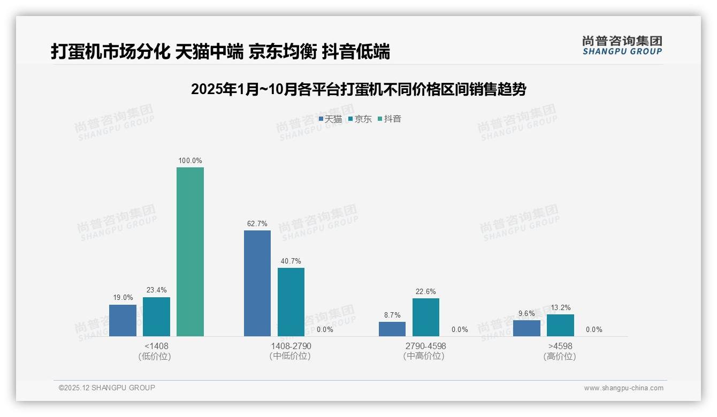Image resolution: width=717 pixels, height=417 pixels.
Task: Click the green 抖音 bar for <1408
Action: point(190,252)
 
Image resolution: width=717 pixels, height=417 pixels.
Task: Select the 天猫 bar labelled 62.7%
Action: point(257,283)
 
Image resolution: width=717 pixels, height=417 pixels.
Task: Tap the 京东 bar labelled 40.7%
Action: point(291,302)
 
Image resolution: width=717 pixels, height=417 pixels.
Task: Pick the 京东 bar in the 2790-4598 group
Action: point(426,317)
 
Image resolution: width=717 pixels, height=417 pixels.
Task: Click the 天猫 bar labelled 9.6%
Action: point(527,328)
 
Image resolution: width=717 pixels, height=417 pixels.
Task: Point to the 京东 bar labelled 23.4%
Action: point(156,316)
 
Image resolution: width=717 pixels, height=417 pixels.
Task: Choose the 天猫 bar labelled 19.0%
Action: point(123,320)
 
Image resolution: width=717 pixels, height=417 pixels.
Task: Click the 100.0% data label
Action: point(190,160)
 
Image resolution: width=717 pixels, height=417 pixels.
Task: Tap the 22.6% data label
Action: point(426,291)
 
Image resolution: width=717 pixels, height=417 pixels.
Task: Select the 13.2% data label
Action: point(560,307)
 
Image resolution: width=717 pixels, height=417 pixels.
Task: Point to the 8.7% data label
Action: point(392,315)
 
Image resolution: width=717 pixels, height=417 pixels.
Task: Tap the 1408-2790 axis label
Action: point(291,346)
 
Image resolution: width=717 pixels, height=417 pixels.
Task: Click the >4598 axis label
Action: point(560,346)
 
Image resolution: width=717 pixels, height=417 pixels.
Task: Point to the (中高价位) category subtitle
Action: point(424,356)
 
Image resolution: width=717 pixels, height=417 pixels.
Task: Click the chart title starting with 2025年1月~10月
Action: point(358,89)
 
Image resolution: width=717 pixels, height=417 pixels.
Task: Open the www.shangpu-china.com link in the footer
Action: point(623,388)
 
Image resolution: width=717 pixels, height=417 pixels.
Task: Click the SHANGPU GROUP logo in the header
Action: point(622,45)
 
